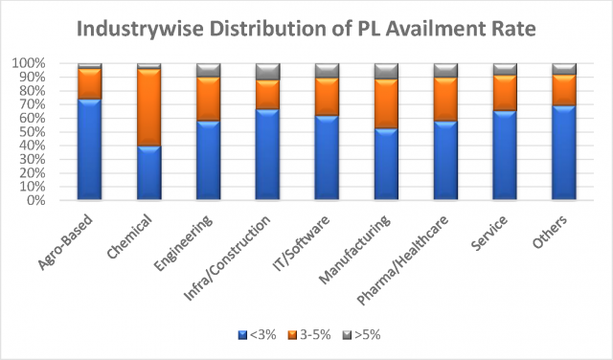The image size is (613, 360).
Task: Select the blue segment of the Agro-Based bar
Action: (90, 149)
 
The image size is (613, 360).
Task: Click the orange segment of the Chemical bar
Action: (148, 107)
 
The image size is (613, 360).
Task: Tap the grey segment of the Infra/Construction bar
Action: (268, 72)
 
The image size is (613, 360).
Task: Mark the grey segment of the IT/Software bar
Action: (328, 71)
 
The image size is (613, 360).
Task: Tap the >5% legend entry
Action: (361, 335)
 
